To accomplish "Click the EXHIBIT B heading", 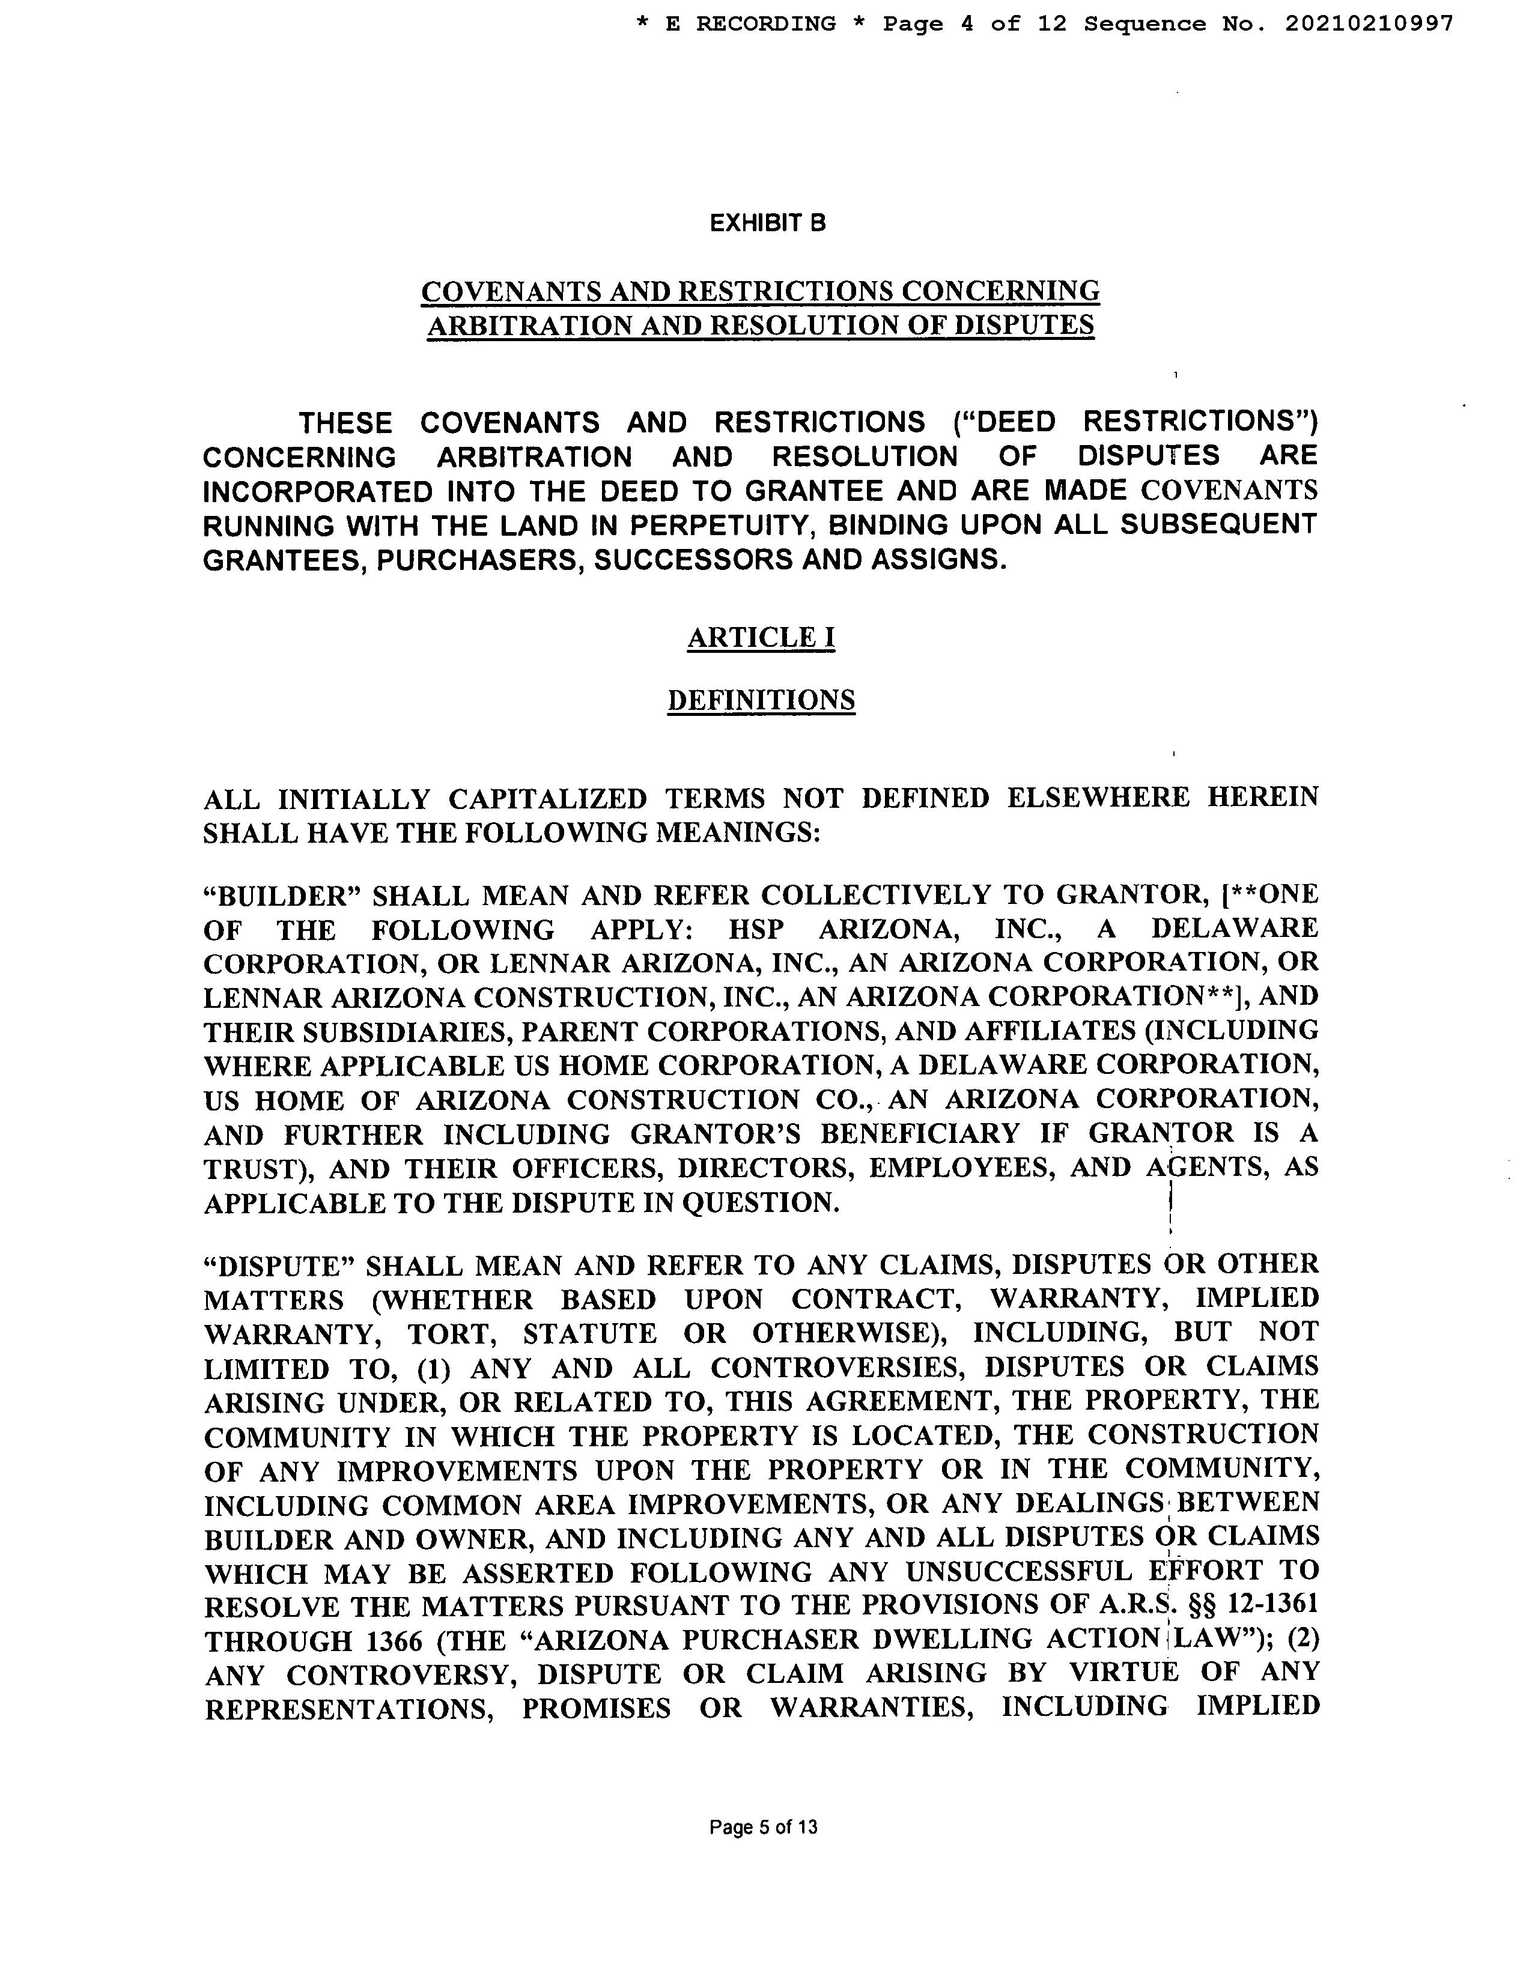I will (768, 223).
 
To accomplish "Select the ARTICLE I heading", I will (761, 638).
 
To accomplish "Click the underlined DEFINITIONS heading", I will (761, 700).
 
